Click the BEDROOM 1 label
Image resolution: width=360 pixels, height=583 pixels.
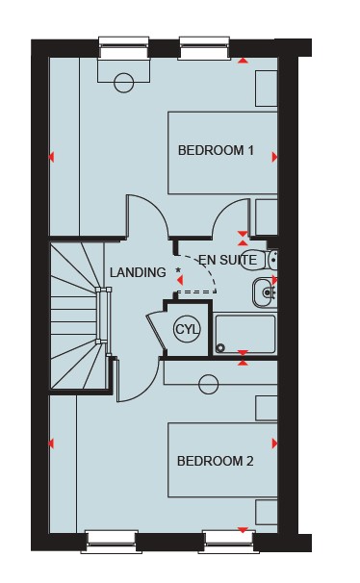point(216,151)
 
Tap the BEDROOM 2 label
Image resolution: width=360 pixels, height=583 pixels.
point(216,461)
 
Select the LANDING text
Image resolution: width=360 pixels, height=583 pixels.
point(138,272)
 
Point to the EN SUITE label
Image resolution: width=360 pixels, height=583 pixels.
point(227,260)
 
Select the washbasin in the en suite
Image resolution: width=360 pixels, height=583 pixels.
point(265,293)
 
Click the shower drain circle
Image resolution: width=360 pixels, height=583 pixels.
point(220,348)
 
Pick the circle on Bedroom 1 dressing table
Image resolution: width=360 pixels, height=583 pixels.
point(124,83)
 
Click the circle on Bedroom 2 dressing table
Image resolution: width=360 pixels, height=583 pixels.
point(208,384)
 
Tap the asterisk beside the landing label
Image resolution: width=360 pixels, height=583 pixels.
point(178,270)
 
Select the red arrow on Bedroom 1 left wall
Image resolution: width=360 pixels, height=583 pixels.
point(51,157)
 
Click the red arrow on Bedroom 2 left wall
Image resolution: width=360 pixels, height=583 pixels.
point(51,444)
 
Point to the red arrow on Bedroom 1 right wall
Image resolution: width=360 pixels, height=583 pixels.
point(275,157)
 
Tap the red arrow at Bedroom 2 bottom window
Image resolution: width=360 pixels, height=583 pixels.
point(243,530)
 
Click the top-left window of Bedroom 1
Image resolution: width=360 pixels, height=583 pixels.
point(124,47)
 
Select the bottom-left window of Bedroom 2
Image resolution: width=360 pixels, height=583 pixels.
point(112,543)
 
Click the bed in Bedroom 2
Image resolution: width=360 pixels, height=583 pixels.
point(222,460)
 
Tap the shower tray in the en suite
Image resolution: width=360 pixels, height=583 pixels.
point(245,335)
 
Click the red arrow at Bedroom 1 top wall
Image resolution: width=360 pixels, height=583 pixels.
point(243,61)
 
